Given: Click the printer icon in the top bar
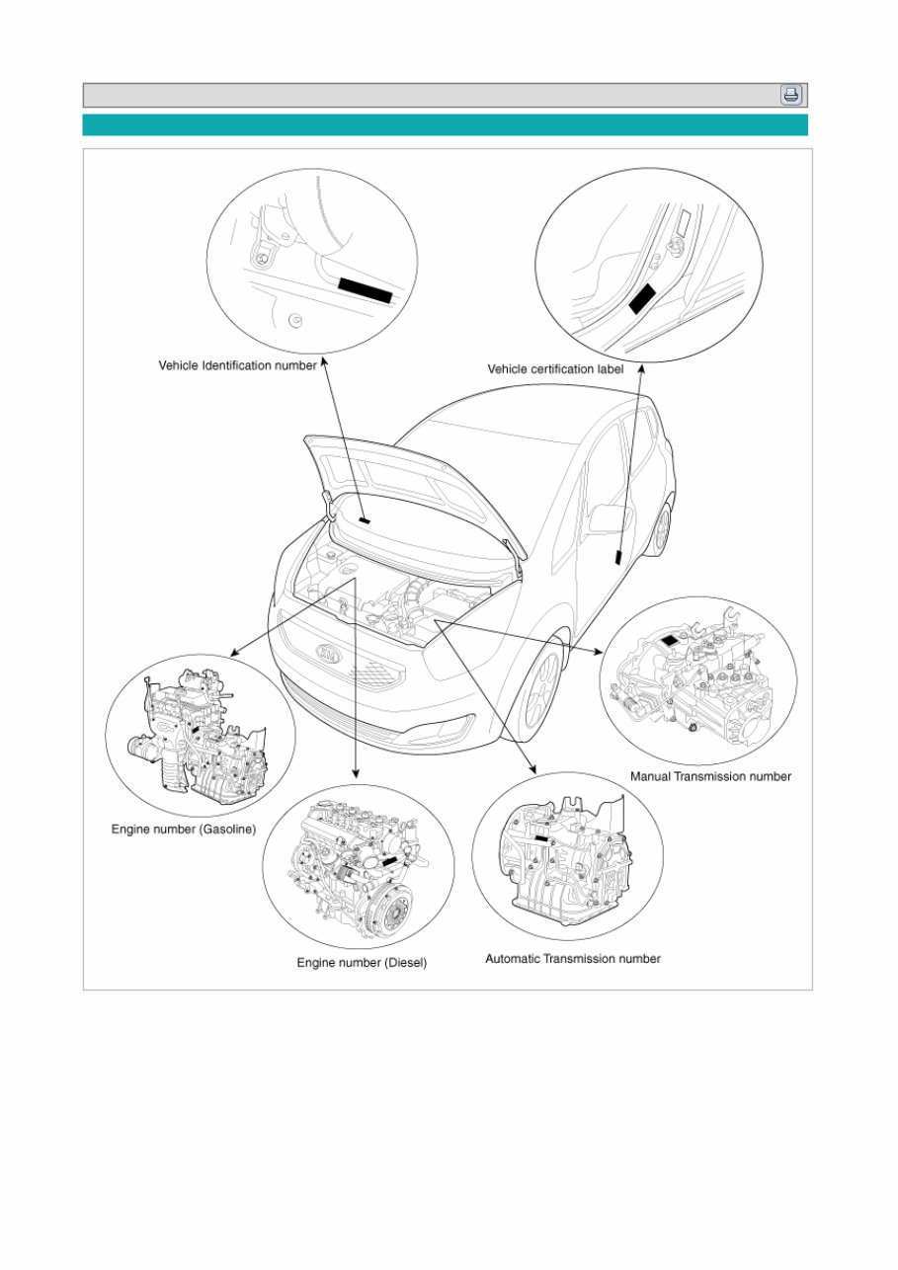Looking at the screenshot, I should point(791,95).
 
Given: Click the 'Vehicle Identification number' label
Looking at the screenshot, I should point(237,365).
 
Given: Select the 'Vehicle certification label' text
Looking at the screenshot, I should point(555,369).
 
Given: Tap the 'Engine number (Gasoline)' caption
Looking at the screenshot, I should point(183,830).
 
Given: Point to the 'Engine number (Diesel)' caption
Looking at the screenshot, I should point(362,962).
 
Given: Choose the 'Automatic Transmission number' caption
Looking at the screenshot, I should point(572,958).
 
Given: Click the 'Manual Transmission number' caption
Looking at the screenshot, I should point(710,776).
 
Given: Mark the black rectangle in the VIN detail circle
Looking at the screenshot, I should point(366,289).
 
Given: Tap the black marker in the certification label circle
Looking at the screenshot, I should point(643,297).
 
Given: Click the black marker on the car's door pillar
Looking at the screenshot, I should point(618,556).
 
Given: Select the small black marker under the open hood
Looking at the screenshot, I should point(364,519).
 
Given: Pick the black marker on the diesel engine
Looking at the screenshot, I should point(391,863).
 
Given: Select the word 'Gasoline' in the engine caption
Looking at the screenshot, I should point(225,830).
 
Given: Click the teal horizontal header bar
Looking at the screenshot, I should point(445,124).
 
